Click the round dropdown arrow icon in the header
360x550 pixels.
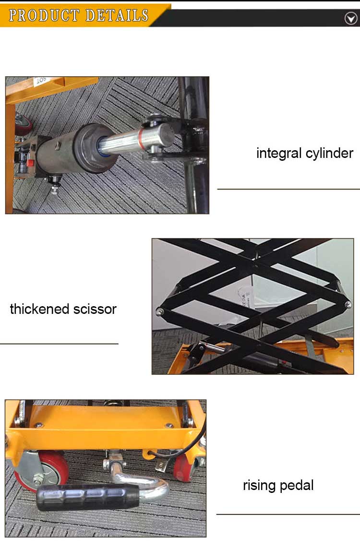click(x=351, y=18)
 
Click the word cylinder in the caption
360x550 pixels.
click(x=329, y=153)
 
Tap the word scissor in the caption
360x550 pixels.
click(x=96, y=309)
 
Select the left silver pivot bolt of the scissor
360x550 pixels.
click(x=159, y=312)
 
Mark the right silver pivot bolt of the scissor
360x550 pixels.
click(x=348, y=304)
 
